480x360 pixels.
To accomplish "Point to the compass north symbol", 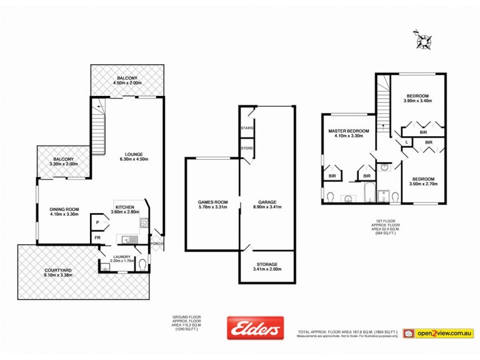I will click(x=425, y=41).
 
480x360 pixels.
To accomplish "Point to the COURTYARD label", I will click(x=58, y=271).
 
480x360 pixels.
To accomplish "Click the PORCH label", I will click(x=157, y=243).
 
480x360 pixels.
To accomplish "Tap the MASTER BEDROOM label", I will click(x=348, y=131).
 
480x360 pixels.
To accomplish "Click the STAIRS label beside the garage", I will click(x=247, y=128).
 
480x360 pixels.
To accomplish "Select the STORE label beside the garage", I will click(x=247, y=148).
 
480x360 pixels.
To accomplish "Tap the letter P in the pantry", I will click(x=97, y=223).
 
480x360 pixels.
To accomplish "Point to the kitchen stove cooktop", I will click(x=144, y=224).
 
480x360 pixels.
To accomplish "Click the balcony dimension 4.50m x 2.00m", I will click(x=127, y=85).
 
